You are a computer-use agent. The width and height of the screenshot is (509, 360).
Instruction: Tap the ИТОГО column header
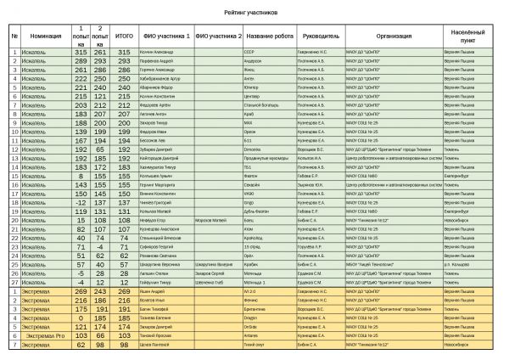124,37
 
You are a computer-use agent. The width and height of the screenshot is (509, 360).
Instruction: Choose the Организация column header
394,37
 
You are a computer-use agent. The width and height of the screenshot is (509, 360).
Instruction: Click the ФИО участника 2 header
219,37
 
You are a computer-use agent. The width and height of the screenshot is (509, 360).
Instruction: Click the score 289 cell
81,61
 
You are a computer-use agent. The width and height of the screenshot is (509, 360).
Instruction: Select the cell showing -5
81,273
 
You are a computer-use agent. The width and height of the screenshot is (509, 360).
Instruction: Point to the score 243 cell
100,291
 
